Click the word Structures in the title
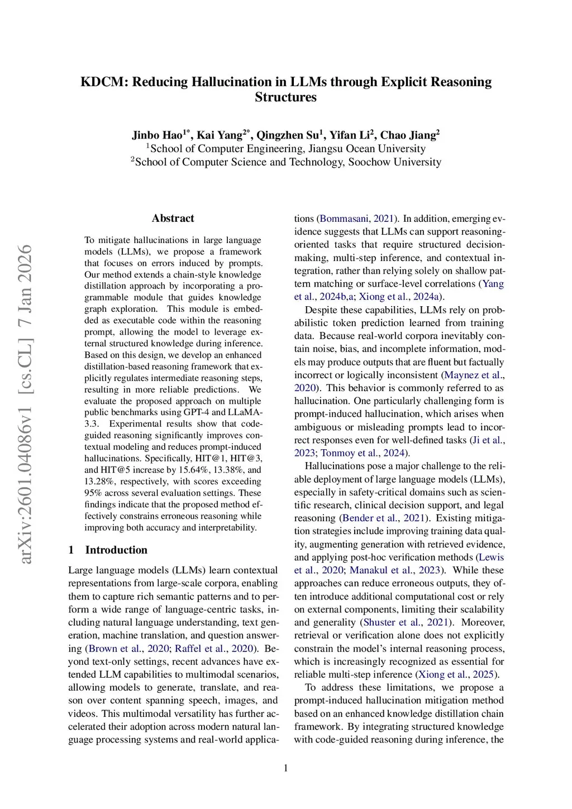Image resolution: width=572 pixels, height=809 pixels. pos(285,97)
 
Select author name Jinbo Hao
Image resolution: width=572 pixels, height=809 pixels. pos(157,135)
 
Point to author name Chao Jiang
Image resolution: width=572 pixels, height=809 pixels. pos(408,135)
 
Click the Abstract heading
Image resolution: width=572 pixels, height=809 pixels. pos(173,218)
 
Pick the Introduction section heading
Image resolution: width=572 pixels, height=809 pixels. pos(116,550)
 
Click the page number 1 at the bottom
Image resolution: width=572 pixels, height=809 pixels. pos(286,768)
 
